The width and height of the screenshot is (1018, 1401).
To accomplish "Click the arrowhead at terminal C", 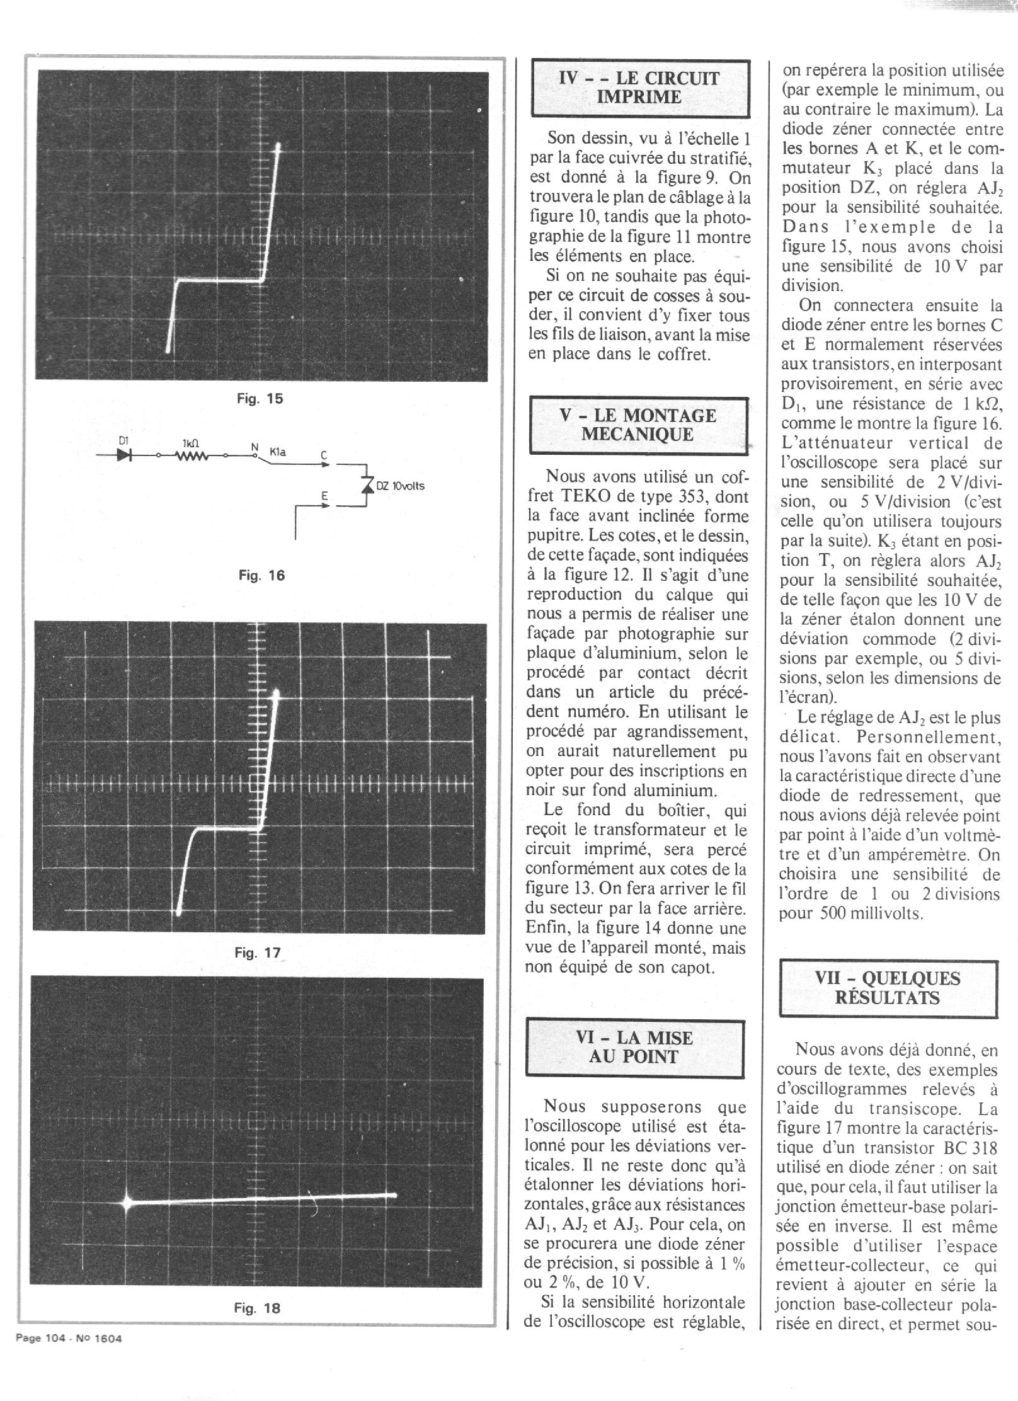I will click(x=325, y=465).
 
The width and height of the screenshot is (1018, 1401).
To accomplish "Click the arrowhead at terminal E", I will click(x=325, y=505).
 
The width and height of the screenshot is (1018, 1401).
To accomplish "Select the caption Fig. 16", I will click(x=261, y=575).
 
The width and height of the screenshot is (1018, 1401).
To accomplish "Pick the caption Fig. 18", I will click(x=256, y=1308).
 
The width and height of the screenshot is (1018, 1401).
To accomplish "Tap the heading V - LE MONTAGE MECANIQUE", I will click(x=638, y=425).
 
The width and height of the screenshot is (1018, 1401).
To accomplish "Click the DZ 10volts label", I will click(x=401, y=486).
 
